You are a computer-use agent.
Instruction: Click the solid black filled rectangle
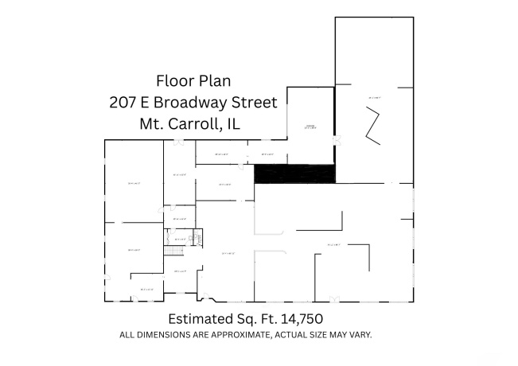[294, 174]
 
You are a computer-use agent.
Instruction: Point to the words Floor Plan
[194, 80]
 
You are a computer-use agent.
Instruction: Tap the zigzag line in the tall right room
[372, 128]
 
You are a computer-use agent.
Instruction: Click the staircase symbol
[174, 251]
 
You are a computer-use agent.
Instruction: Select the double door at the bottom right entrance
[333, 299]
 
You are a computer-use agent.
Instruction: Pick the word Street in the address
[255, 102]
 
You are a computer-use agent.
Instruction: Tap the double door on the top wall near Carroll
[179, 142]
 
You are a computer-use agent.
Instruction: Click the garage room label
[310, 127]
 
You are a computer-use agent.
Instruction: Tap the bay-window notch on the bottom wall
[208, 299]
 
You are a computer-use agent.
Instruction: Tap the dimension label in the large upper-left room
[134, 183]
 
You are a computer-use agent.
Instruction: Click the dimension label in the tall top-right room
[375, 97]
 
